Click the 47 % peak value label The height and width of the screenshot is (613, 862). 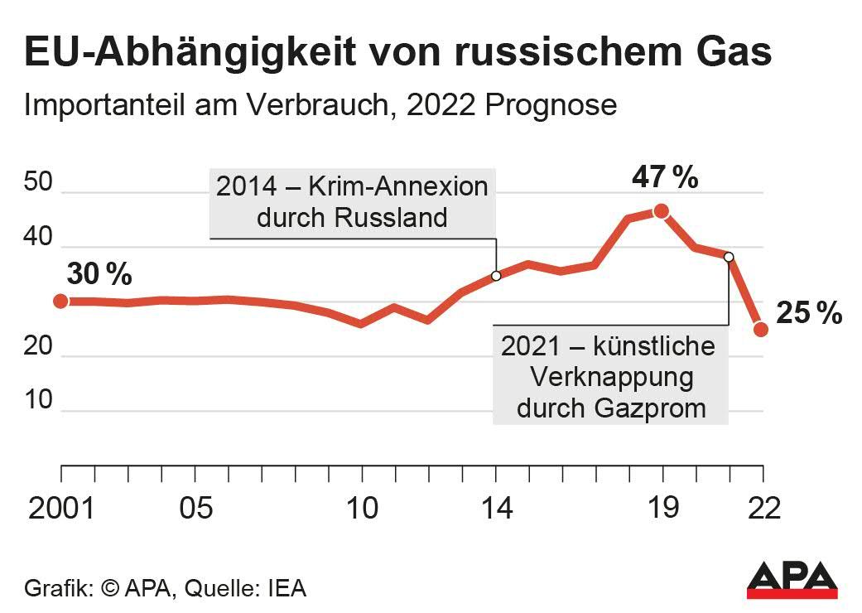click(665, 177)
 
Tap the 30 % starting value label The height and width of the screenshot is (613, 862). click(99, 274)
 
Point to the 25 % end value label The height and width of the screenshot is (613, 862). click(809, 313)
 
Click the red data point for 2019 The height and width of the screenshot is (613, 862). click(661, 211)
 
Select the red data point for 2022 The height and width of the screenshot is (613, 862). click(762, 330)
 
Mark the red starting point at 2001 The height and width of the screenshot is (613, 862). click(60, 301)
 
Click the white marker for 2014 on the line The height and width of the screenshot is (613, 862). click(496, 276)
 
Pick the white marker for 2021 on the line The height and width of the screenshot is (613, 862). click(729, 257)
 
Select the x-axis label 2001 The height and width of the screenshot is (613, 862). click(62, 508)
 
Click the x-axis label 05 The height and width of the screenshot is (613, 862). click(195, 508)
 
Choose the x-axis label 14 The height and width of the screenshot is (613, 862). click(495, 508)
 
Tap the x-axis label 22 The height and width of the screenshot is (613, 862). click(762, 508)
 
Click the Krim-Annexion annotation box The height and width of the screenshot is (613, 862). click(352, 201)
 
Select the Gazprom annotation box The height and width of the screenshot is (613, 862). click(610, 376)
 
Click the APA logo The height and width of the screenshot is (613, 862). click(792, 580)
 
